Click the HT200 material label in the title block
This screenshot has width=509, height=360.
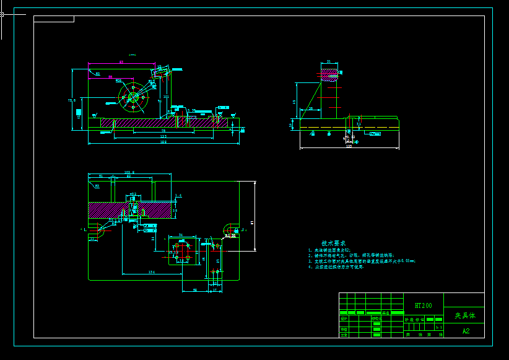click(x=424, y=305)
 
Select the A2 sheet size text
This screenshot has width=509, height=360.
click(x=466, y=331)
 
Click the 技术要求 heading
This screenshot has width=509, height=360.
click(x=334, y=244)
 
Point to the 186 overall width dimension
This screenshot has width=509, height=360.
click(x=163, y=142)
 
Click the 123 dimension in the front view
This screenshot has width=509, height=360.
click(x=163, y=136)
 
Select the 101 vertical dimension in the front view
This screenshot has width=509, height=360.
click(x=165, y=97)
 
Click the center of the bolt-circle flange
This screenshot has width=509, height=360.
click(x=133, y=97)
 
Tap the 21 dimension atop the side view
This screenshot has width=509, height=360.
click(x=329, y=61)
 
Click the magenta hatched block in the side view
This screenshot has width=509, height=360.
click(x=329, y=74)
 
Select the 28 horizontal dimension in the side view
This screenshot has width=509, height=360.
click(x=310, y=108)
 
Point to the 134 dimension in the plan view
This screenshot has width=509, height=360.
click(x=152, y=272)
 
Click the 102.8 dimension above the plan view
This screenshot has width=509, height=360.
click(x=129, y=173)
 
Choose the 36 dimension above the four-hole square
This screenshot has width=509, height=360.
click(x=181, y=235)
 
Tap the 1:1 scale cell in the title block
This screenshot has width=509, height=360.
click(x=439, y=327)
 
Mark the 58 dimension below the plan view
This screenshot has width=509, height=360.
click(x=195, y=289)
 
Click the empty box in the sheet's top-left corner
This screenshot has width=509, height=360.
click(x=54, y=19)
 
